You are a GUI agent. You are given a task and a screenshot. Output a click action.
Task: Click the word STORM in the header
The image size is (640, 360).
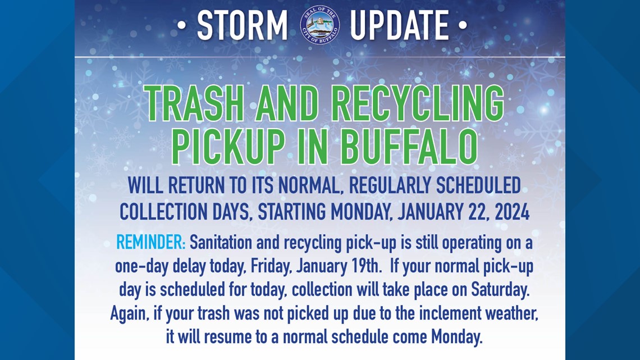[243, 26]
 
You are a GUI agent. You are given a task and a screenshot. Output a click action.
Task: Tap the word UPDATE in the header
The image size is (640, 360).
[399, 26]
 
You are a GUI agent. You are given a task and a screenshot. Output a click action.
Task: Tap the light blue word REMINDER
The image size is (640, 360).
[150, 243]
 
